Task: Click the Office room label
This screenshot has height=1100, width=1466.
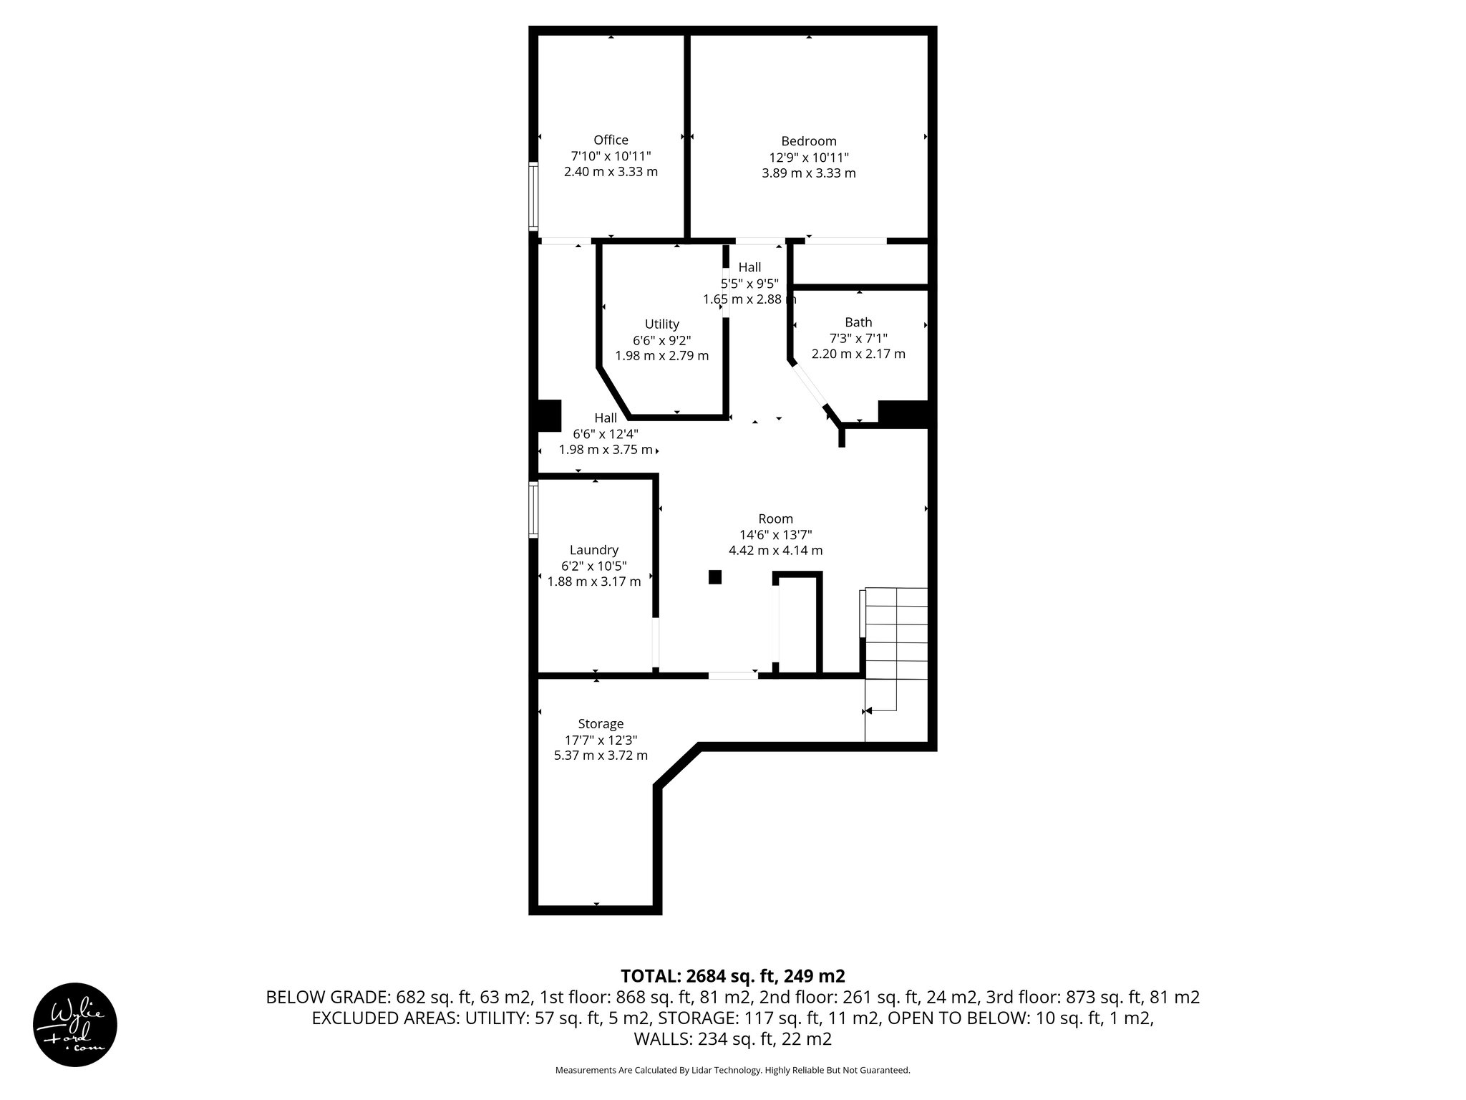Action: [x=611, y=140]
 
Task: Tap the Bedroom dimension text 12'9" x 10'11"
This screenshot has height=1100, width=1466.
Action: [x=809, y=158]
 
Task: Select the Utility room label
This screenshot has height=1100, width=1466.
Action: [x=661, y=324]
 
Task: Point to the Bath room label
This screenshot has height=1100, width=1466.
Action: [x=858, y=322]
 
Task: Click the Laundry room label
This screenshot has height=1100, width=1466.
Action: [x=593, y=550]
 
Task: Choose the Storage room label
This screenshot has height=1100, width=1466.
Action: [x=601, y=724]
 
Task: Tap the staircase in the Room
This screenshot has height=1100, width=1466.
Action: [x=895, y=634]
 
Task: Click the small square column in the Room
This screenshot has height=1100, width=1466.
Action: [x=714, y=577]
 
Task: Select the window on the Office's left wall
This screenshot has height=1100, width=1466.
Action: [x=533, y=196]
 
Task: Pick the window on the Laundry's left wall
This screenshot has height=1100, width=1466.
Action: [x=533, y=509]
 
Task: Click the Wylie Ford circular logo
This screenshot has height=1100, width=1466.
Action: [x=75, y=1025]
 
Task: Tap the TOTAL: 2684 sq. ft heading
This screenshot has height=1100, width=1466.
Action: [x=732, y=976]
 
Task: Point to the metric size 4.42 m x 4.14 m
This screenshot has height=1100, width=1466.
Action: [x=775, y=551]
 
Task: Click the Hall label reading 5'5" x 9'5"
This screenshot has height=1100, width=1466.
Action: [x=749, y=283]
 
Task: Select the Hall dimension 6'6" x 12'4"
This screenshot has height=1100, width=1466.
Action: [x=606, y=434]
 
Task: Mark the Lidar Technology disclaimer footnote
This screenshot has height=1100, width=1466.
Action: [x=732, y=1070]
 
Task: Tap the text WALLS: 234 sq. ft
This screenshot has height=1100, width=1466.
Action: [x=732, y=1038]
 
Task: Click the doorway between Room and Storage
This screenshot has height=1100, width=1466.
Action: [x=733, y=675]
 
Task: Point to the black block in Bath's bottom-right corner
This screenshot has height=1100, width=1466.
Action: [x=903, y=414]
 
